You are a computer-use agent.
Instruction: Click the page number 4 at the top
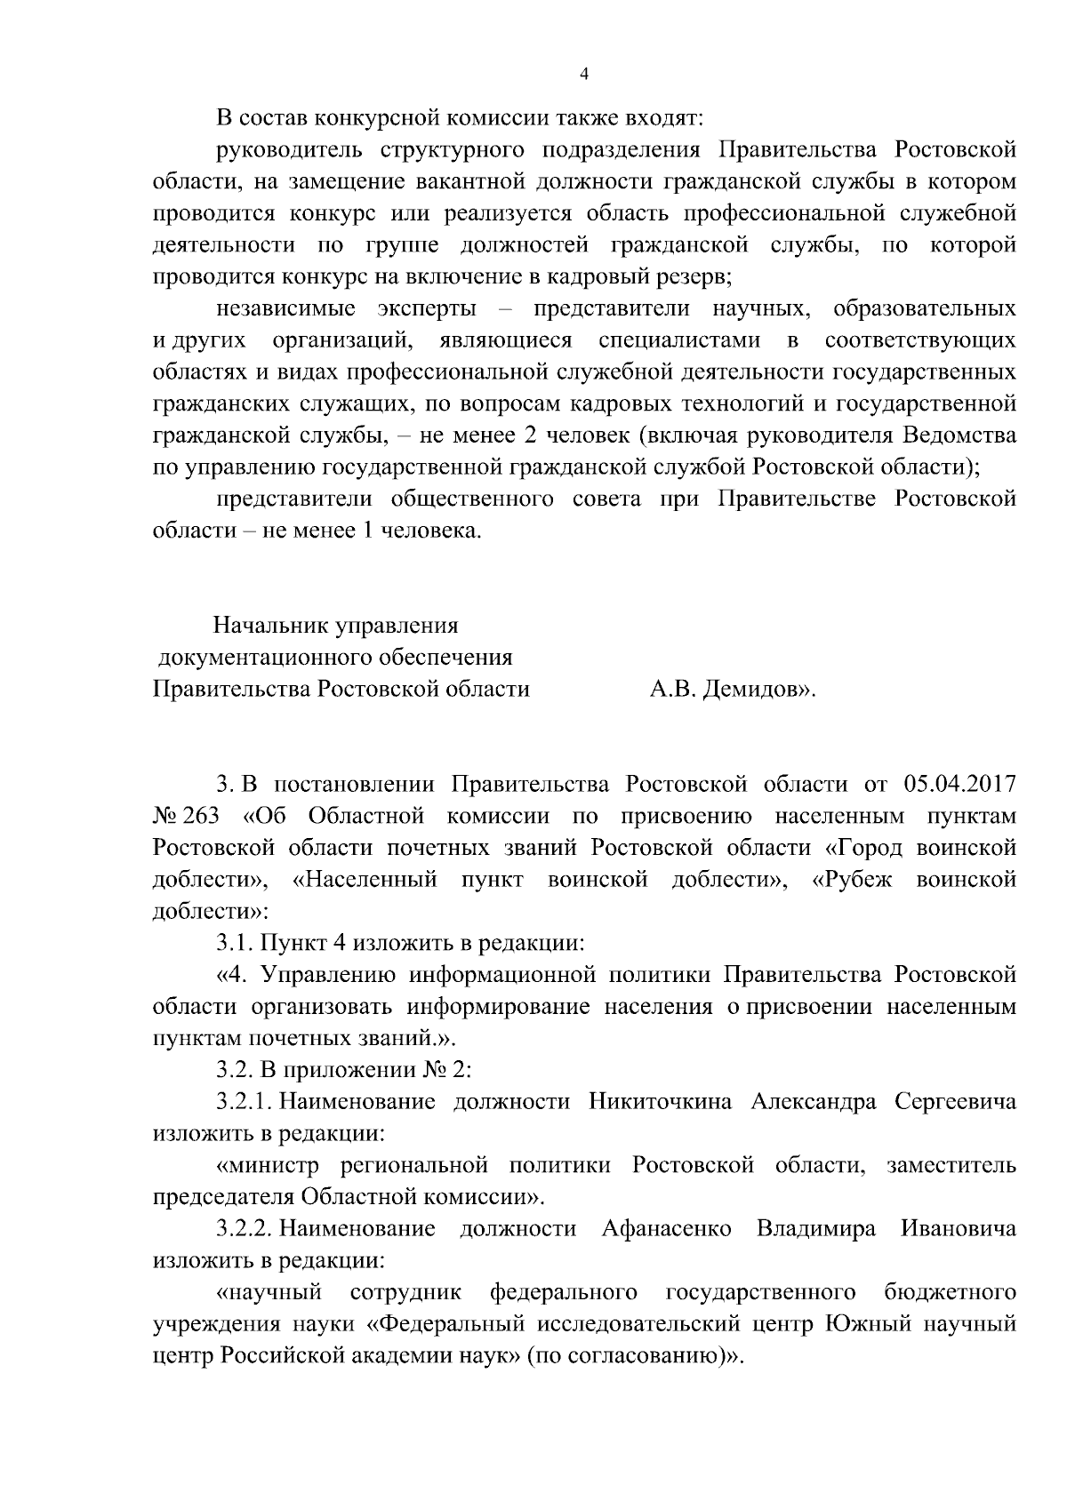[583, 76]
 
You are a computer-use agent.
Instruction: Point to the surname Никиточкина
[660, 1103]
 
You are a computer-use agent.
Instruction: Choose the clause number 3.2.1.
[245, 1103]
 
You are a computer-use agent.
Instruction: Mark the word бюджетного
[951, 1292]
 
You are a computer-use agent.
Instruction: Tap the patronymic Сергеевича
[955, 1103]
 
